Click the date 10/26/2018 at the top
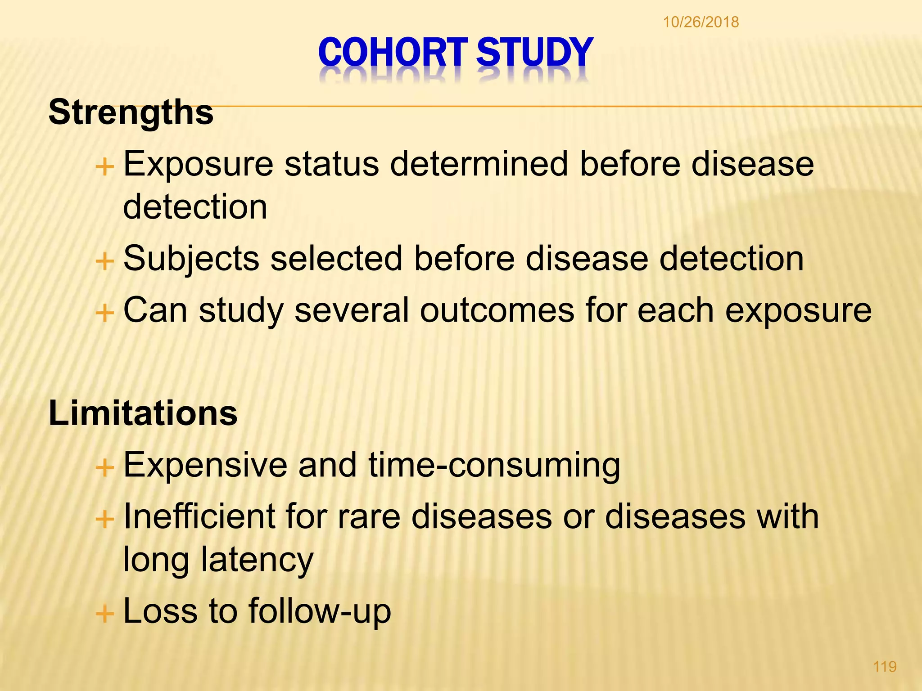pyautogui.click(x=701, y=22)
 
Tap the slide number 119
pyautogui.click(x=885, y=666)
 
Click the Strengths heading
pyautogui.click(x=131, y=112)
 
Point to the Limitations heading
pyautogui.click(x=143, y=413)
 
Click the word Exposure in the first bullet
pyautogui.click(x=198, y=164)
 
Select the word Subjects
pyautogui.click(x=191, y=260)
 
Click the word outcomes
pyautogui.click(x=497, y=310)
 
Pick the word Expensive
pyautogui.click(x=205, y=465)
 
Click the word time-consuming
pyautogui.click(x=494, y=465)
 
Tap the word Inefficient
pyautogui.click(x=199, y=516)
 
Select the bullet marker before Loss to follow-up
pyautogui.click(x=105, y=613)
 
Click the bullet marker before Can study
pyautogui.click(x=105, y=312)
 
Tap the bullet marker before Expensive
pyautogui.click(x=105, y=468)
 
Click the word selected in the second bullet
pyautogui.click(x=336, y=259)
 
